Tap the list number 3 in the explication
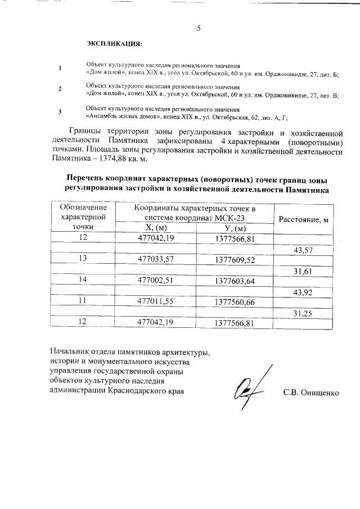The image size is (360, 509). tap(60, 112)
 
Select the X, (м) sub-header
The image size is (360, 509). tap(156, 228)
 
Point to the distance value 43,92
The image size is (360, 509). tap(303, 292)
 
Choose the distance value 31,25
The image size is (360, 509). tap(303, 313)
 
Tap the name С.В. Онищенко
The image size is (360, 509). tap(311, 392)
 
